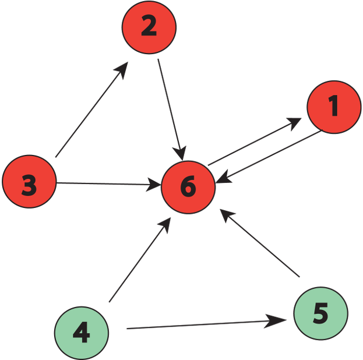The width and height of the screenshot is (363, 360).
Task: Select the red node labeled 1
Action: pyautogui.click(x=333, y=107)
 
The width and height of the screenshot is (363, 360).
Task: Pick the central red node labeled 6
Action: pyautogui.click(x=188, y=187)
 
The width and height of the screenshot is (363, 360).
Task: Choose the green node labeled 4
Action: pyautogui.click(x=81, y=333)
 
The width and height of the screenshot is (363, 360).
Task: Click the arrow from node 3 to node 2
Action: pyautogui.click(x=90, y=111)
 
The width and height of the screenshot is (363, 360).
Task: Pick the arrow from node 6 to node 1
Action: pyautogui.click(x=253, y=142)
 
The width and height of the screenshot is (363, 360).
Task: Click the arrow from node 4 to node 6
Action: pyautogui.click(x=139, y=261)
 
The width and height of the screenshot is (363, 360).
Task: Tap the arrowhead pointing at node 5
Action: pyautogui.click(x=279, y=320)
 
